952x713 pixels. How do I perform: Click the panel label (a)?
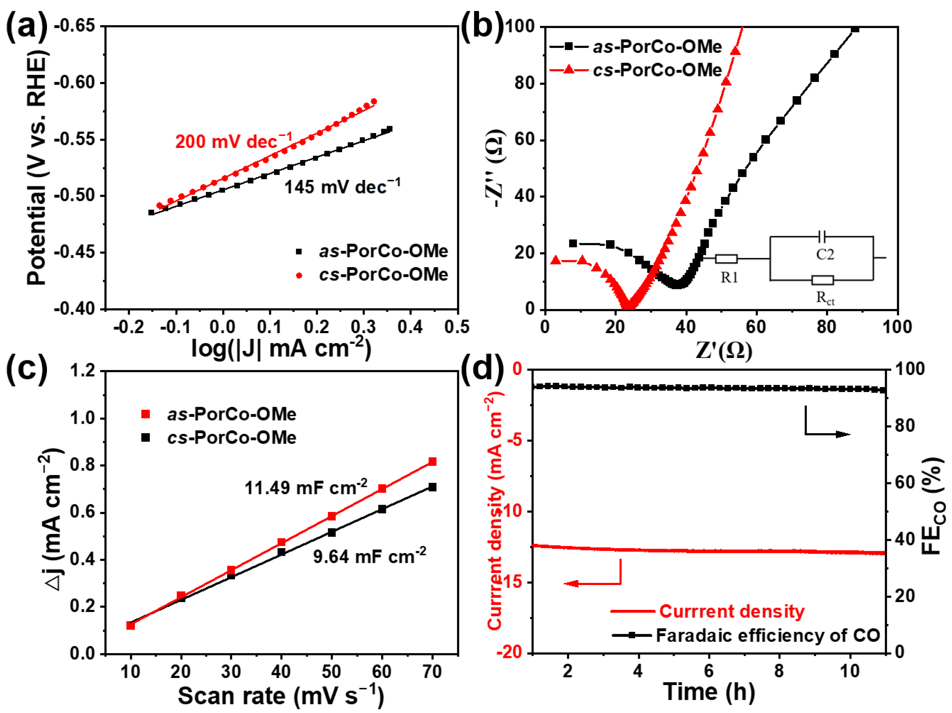[x=27, y=27]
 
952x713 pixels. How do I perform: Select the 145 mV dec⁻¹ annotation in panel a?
[x=342, y=187]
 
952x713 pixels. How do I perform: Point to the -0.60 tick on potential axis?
[x=74, y=82]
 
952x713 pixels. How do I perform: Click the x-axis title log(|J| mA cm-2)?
[x=281, y=348]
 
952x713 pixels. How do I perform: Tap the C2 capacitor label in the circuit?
[x=825, y=254]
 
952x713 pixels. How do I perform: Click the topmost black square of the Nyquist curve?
[x=855, y=29]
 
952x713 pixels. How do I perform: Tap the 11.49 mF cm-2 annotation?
[x=306, y=488]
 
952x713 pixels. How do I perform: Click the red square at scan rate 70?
[x=433, y=462]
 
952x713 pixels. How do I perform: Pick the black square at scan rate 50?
[x=331, y=532]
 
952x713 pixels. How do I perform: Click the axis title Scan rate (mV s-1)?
[x=281, y=695]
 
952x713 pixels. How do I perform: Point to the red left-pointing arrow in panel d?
[x=572, y=584]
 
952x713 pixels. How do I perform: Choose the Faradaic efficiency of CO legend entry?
[x=767, y=635]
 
